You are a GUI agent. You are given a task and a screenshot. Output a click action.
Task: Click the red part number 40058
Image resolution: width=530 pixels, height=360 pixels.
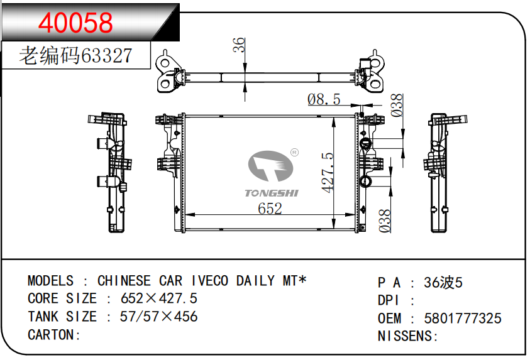(x=75, y=22)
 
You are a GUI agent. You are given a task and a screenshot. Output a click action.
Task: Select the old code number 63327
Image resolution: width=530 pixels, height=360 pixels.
(x=106, y=56)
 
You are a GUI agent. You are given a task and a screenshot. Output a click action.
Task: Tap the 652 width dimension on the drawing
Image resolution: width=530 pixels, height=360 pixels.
(x=270, y=209)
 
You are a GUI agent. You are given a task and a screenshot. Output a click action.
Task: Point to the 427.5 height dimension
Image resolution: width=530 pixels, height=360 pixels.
(x=328, y=173)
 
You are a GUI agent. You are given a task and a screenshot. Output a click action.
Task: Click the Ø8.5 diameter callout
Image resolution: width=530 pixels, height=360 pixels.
(x=324, y=99)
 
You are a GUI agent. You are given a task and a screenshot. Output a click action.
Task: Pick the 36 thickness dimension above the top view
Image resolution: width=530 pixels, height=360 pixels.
(x=239, y=45)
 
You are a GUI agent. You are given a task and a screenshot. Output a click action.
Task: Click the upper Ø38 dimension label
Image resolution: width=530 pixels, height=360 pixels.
(x=397, y=105)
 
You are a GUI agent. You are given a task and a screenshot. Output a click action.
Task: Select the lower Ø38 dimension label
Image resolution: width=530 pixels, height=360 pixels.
(x=385, y=221)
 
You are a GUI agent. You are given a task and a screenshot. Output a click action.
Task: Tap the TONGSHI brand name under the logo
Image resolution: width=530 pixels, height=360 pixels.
(x=272, y=193)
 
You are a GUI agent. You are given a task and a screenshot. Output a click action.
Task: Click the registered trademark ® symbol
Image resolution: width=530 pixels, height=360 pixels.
(x=294, y=153)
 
